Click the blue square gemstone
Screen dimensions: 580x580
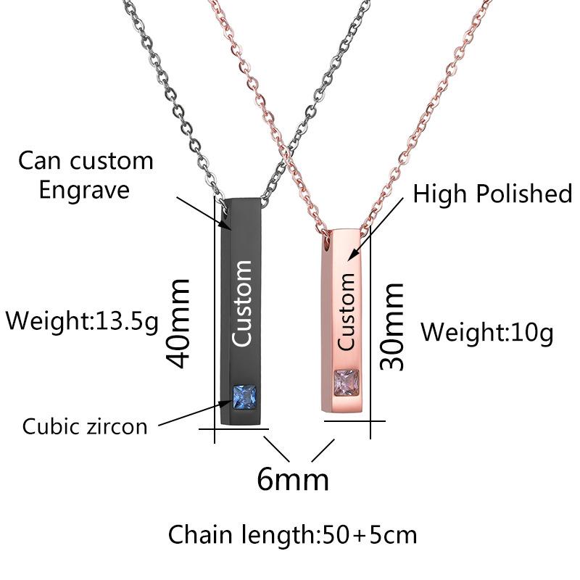[244, 397]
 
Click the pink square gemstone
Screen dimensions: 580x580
[347, 382]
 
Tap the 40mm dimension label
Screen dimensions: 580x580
[178, 323]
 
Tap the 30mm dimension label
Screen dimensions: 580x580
[391, 327]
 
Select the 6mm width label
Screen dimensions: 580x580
[293, 479]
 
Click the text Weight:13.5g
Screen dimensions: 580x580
[82, 320]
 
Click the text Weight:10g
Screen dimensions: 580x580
[487, 332]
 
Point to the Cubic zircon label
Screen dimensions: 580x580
[85, 426]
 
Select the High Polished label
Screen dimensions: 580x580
[492, 193]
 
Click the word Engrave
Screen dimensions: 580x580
[84, 191]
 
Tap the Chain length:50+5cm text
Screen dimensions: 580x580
[293, 535]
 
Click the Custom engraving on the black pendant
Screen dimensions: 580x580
[241, 303]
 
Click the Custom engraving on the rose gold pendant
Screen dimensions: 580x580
[346, 312]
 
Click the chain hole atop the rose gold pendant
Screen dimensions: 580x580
[326, 241]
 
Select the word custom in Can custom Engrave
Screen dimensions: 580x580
[112, 161]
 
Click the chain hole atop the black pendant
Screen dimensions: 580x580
[225, 209]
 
